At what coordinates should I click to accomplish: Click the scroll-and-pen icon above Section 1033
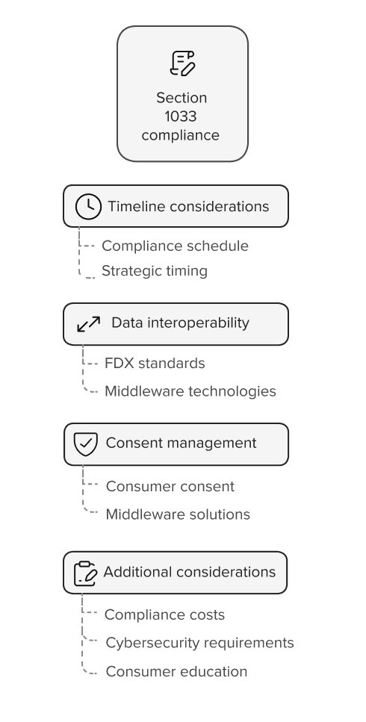pyautogui.click(x=182, y=63)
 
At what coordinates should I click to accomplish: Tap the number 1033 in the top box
pyautogui.click(x=181, y=116)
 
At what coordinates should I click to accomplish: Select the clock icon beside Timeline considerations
pyautogui.click(x=88, y=207)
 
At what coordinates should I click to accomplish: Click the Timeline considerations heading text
pyautogui.click(x=188, y=206)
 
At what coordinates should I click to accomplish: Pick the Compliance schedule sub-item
pyautogui.click(x=175, y=246)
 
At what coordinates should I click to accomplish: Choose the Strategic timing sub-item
pyautogui.click(x=154, y=271)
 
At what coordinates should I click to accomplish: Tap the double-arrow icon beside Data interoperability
pyautogui.click(x=89, y=324)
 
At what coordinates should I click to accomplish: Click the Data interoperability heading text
pyautogui.click(x=180, y=323)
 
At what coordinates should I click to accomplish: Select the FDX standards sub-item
pyautogui.click(x=155, y=364)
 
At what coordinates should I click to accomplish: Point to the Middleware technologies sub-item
pyautogui.click(x=190, y=391)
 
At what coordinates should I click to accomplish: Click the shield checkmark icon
pyautogui.click(x=86, y=444)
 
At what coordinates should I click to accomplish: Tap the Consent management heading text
pyautogui.click(x=181, y=443)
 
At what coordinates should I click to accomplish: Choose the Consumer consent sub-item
pyautogui.click(x=170, y=487)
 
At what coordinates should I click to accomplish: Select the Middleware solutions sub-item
pyautogui.click(x=178, y=514)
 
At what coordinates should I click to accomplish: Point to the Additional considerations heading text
pyautogui.click(x=189, y=572)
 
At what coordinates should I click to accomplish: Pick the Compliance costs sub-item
pyautogui.click(x=164, y=615)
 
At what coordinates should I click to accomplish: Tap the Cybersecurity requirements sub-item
pyautogui.click(x=199, y=644)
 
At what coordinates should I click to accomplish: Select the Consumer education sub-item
pyautogui.click(x=176, y=672)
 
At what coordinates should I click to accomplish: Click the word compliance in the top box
pyautogui.click(x=181, y=136)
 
